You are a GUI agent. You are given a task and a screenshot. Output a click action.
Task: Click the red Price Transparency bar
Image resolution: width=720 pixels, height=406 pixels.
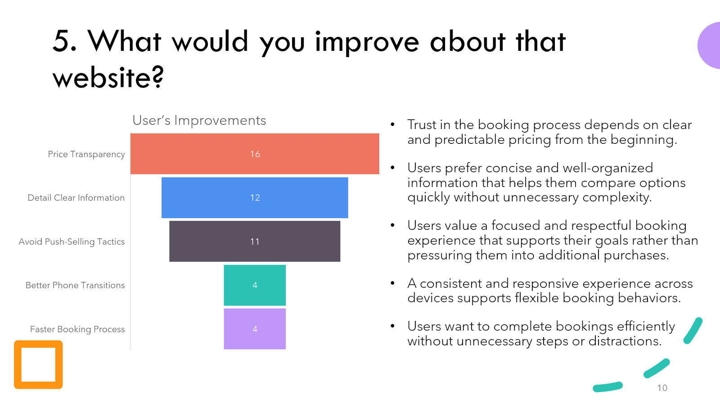tap(255, 154)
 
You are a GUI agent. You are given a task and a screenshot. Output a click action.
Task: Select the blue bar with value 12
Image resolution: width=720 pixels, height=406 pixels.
tap(255, 197)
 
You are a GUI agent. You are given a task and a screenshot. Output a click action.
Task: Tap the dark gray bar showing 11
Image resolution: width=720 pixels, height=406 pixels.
tap(255, 241)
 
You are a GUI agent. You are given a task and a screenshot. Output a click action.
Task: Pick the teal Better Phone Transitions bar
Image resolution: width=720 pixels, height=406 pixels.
tap(255, 285)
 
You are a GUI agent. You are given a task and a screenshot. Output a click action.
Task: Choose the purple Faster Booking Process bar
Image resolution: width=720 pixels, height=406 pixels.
tap(255, 329)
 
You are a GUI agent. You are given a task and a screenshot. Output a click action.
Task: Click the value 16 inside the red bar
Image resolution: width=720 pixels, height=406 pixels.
tap(255, 154)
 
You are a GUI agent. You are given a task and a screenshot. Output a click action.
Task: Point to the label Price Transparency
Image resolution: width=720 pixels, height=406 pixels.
tap(86, 155)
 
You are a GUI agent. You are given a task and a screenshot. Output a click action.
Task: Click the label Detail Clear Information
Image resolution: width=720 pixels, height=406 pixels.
tap(76, 197)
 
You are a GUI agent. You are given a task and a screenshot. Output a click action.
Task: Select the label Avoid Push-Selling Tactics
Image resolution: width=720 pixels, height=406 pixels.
tap(72, 241)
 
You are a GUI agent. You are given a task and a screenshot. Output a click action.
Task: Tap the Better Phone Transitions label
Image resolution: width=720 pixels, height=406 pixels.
tap(75, 285)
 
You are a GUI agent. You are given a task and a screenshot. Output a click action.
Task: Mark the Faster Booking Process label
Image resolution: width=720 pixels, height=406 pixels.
tap(77, 329)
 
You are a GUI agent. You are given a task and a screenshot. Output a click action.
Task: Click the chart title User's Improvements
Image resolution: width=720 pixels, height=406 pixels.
tap(199, 120)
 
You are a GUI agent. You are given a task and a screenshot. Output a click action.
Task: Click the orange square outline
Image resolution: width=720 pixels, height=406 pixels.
tap(38, 344)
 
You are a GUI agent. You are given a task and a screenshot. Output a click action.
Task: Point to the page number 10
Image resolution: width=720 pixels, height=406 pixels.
tap(662, 388)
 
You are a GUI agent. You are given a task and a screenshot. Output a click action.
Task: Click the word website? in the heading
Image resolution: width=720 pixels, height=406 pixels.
tap(108, 77)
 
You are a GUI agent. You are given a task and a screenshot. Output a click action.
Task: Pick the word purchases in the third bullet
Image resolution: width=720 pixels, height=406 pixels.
tap(636, 256)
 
